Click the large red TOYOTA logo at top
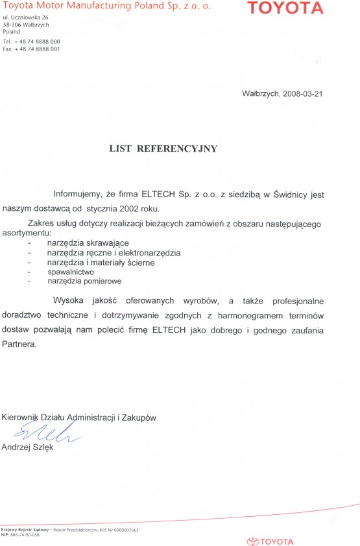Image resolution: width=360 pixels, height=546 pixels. point(285,8)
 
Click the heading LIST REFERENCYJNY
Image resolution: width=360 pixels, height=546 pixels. point(163,148)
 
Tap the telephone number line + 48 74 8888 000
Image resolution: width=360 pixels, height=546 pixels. point(32,42)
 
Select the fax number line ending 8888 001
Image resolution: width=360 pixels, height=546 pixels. point(32,49)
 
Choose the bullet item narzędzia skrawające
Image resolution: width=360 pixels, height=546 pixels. point(88,242)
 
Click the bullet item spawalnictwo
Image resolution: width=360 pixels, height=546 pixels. point(71,272)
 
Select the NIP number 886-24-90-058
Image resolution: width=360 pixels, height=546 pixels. point(25,535)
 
